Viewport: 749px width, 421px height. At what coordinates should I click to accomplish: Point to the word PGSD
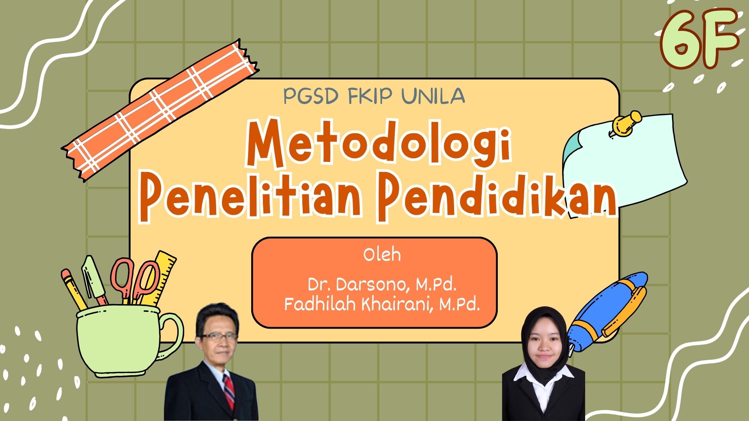[x=310, y=96]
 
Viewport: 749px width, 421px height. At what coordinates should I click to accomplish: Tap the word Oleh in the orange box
[x=382, y=255]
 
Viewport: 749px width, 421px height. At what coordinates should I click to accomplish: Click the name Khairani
[x=398, y=304]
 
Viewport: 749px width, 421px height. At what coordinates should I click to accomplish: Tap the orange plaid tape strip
[x=160, y=110]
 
